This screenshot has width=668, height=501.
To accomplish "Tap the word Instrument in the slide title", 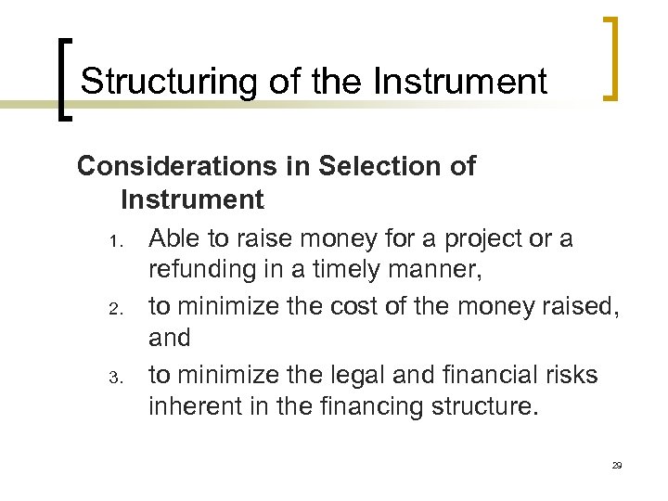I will (x=460, y=82).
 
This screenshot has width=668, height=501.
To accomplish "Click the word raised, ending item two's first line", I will (x=576, y=306).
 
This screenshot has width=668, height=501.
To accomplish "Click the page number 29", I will (x=617, y=465).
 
